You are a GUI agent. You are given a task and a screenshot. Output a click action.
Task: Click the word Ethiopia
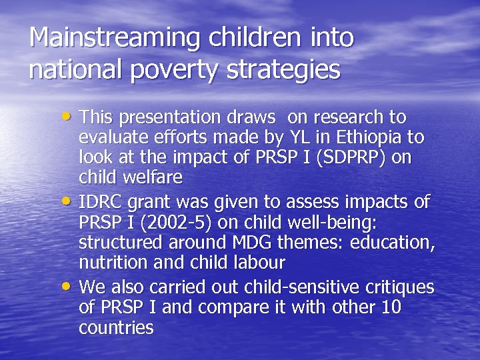click(x=371, y=137)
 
